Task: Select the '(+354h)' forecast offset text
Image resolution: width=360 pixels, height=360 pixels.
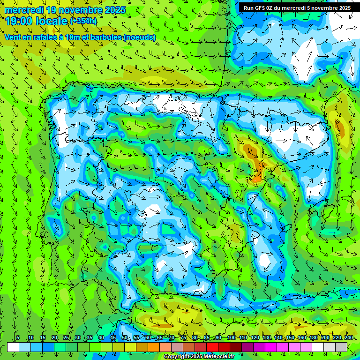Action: (x=83, y=21)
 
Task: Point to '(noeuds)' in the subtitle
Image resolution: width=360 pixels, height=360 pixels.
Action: (x=139, y=37)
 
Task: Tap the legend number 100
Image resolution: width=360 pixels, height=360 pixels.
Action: (x=231, y=338)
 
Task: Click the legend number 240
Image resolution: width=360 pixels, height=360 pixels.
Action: (x=348, y=338)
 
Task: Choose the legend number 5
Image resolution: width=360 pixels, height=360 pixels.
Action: (x=18, y=338)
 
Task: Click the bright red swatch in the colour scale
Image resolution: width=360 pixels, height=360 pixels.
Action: (x=212, y=347)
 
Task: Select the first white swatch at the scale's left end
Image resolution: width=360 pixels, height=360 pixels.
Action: (x=13, y=347)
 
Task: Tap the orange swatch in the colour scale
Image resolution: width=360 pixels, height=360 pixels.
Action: (x=154, y=347)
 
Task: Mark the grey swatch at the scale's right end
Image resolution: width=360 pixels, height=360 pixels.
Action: (x=341, y=347)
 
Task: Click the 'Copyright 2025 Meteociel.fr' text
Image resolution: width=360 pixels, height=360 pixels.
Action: (x=199, y=357)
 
